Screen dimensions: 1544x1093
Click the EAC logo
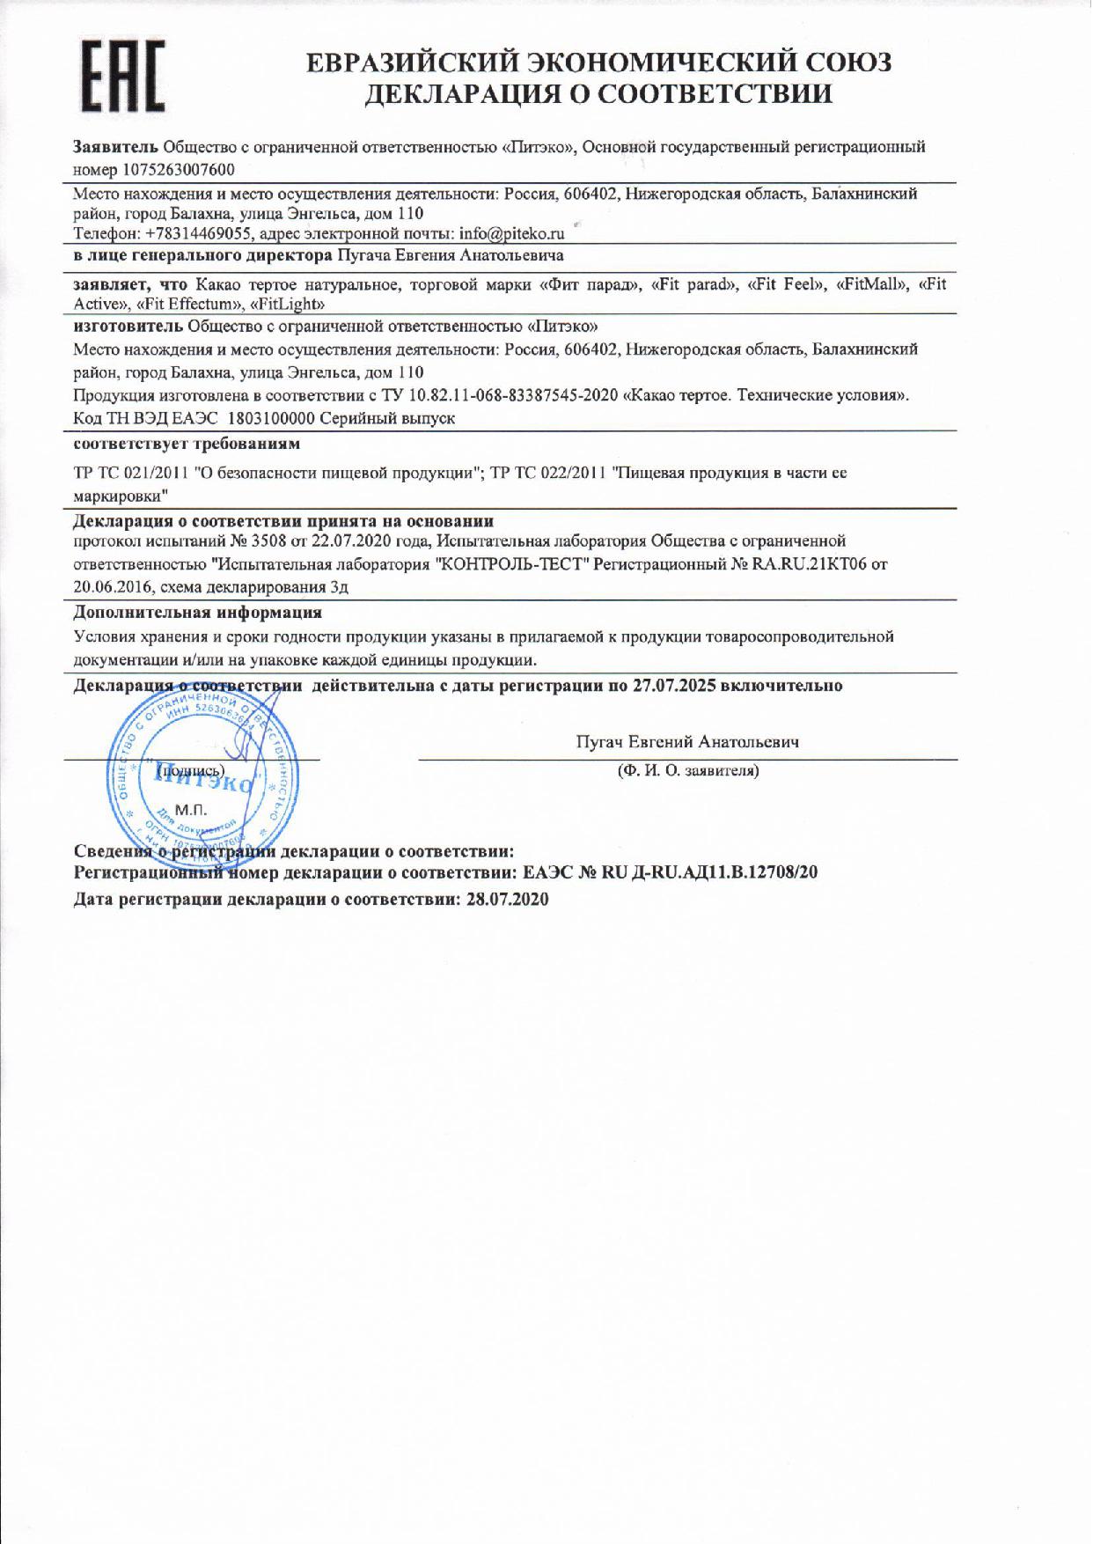pos(123,77)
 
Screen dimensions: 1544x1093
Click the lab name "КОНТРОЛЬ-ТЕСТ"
pos(511,563)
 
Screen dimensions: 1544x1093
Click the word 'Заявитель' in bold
pos(115,147)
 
